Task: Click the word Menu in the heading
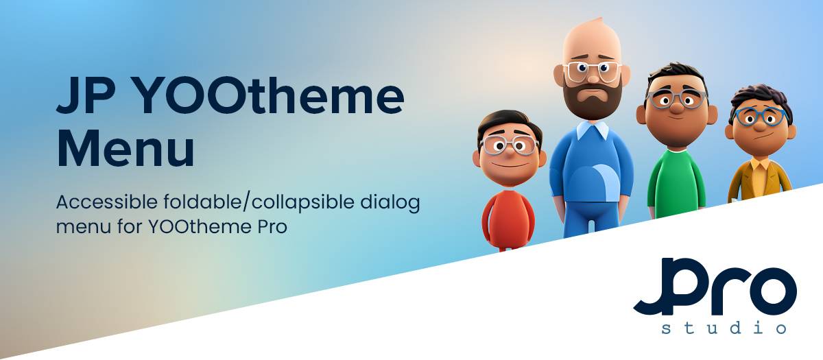[x=126, y=147]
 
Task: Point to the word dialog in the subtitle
[x=390, y=203]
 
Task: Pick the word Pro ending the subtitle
[x=272, y=227]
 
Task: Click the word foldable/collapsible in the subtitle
[x=259, y=203]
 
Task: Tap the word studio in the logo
[x=724, y=327]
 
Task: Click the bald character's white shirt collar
[x=593, y=130]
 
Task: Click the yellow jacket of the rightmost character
[x=759, y=180]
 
